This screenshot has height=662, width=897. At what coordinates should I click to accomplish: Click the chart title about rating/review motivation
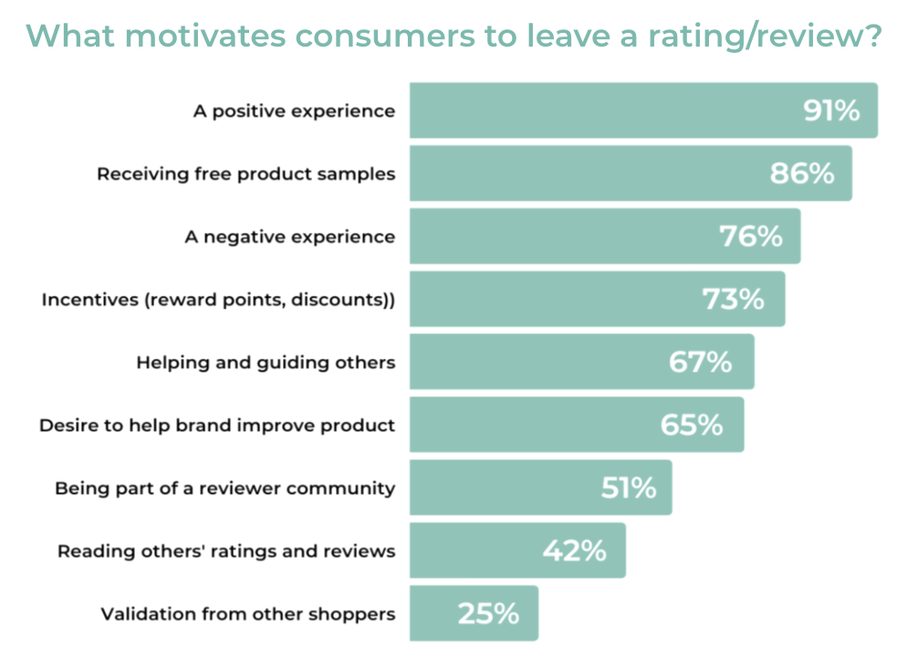[454, 37]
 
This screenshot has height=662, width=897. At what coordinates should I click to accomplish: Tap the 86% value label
[801, 173]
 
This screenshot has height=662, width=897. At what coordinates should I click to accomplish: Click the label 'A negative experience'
[289, 236]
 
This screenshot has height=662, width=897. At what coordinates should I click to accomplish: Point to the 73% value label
[733, 299]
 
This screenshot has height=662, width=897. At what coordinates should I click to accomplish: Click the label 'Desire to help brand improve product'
[217, 426]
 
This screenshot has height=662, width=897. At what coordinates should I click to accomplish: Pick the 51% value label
[629, 489]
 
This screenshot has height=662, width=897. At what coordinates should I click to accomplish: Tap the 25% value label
[488, 614]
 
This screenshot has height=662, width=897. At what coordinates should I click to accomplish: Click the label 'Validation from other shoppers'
[248, 614]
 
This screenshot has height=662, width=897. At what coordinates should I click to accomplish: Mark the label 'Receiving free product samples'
[246, 173]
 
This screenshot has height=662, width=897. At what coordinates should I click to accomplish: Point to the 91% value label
[831, 110]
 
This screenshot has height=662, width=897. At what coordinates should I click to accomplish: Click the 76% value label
[751, 236]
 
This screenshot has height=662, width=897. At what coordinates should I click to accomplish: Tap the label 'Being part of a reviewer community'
[225, 489]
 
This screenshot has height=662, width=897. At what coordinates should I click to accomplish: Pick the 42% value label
[576, 551]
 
